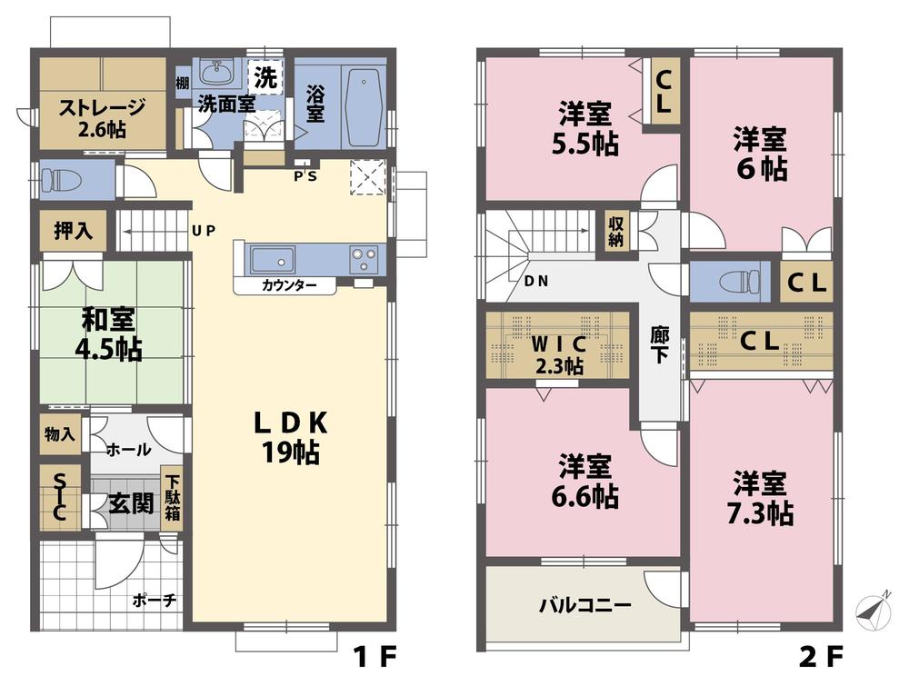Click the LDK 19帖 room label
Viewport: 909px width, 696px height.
[290, 437]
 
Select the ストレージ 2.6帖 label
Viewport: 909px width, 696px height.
[102, 117]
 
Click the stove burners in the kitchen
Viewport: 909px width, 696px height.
[364, 260]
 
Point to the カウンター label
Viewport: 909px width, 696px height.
[289, 285]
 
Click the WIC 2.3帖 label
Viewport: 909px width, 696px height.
[558, 355]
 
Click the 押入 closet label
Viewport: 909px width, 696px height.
[74, 231]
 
